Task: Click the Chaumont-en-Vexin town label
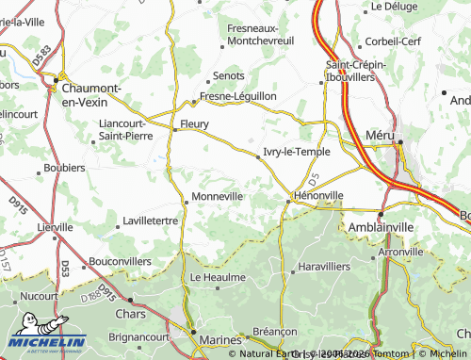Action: (x=95, y=93)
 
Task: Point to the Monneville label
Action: (x=218, y=196)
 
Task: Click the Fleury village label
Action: (x=194, y=123)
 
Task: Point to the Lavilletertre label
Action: (x=151, y=221)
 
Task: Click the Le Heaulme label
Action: (x=218, y=278)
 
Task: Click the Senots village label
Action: (x=229, y=75)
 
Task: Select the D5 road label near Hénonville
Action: (x=314, y=176)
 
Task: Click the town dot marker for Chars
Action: (x=131, y=301)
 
